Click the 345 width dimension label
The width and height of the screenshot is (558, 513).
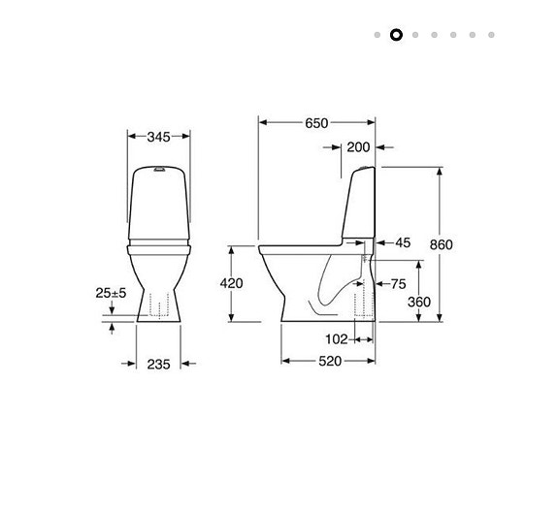[x=159, y=137]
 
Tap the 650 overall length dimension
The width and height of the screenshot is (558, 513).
[x=316, y=123]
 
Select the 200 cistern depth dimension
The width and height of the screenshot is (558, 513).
[x=358, y=147]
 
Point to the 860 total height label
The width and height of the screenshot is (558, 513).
[x=441, y=245]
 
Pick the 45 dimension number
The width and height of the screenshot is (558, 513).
[x=403, y=242]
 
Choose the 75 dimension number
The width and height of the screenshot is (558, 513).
[x=398, y=284]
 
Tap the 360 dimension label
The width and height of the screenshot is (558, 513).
[x=418, y=303]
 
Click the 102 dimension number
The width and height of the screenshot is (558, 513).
[x=336, y=339]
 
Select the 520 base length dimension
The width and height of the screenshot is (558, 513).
[x=330, y=361]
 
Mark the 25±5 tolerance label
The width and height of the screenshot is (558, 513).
[x=112, y=293]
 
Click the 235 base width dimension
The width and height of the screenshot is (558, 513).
[x=158, y=364]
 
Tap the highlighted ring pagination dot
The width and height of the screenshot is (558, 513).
[x=396, y=35]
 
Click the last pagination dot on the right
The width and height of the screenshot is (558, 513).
[x=492, y=35]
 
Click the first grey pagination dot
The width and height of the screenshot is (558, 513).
[x=377, y=35]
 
